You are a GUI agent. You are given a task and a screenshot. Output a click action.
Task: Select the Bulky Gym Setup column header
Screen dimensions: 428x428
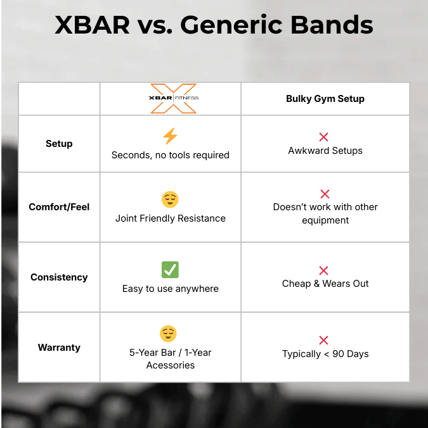click(x=325, y=99)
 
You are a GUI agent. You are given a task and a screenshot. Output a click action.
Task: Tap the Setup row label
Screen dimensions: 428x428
click(x=59, y=144)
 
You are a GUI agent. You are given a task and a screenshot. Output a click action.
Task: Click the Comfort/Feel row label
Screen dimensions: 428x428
click(x=59, y=207)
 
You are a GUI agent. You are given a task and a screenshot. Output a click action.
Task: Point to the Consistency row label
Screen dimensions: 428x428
click(x=59, y=277)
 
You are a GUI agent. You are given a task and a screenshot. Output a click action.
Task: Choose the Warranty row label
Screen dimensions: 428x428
click(x=59, y=348)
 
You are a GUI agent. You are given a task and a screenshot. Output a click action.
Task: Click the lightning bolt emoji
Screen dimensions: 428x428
click(x=170, y=136)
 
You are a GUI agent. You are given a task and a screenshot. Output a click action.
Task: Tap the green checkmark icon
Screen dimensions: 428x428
click(x=170, y=270)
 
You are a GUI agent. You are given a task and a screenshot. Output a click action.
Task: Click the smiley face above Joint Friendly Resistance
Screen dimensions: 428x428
click(x=170, y=200)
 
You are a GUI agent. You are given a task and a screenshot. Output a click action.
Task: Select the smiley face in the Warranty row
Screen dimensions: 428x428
click(x=168, y=334)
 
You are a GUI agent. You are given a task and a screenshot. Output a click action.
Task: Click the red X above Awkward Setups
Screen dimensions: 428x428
click(x=324, y=137)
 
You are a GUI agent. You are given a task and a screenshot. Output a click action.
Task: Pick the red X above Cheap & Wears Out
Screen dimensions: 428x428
click(x=324, y=270)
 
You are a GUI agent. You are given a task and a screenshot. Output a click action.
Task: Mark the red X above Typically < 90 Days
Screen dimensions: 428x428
click(x=324, y=341)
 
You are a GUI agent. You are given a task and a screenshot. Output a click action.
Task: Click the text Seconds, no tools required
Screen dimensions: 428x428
click(x=170, y=155)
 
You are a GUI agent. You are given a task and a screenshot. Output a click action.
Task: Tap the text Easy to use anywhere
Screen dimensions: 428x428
click(x=170, y=289)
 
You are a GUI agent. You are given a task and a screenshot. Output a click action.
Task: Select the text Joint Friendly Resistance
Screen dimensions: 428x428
click(x=170, y=218)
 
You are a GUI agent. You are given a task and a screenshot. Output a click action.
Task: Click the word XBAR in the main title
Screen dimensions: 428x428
click(x=92, y=26)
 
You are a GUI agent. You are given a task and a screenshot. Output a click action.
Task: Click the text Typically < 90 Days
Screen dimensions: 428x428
click(x=325, y=354)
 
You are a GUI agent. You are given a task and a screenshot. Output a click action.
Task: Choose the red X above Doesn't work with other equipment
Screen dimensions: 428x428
click(x=324, y=194)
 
